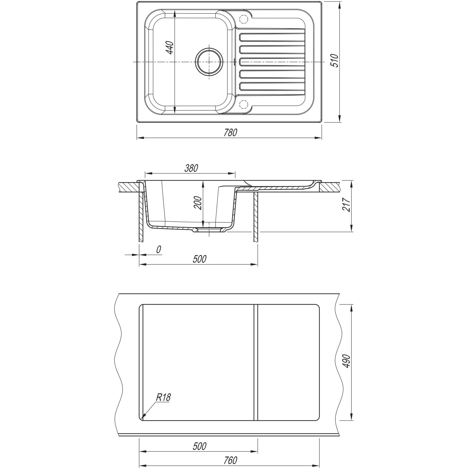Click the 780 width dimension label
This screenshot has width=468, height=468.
(230, 132)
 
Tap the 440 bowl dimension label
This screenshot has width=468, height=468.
(169, 47)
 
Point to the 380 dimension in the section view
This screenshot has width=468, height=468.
(191, 168)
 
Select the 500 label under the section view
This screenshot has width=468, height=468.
(199, 259)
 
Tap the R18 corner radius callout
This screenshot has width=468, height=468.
(164, 397)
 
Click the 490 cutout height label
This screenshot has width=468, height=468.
(347, 361)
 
